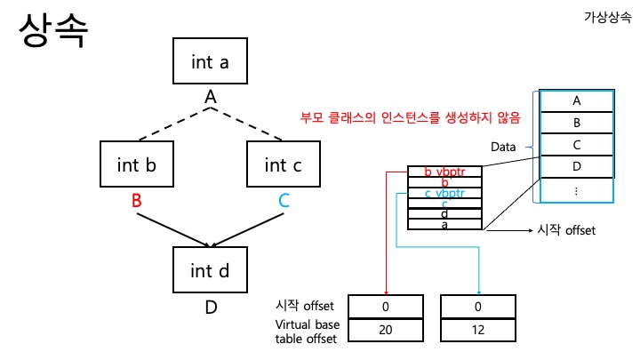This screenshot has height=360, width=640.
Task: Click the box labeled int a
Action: (210, 62)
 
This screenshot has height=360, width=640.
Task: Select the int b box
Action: (136, 164)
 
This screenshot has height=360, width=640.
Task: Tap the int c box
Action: (283, 164)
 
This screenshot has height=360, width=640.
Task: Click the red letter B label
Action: (136, 202)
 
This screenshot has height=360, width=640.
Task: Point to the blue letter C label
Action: (284, 202)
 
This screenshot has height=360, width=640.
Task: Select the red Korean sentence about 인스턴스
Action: (411, 116)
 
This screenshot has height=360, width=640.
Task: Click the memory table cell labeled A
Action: (577, 100)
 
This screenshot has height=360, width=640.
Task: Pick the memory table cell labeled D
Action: (577, 166)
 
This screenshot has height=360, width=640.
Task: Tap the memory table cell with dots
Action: (577, 189)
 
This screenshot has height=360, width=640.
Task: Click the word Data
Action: (504, 145)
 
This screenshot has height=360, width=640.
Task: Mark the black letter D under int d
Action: (211, 308)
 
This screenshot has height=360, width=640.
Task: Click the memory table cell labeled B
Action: (577, 123)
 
